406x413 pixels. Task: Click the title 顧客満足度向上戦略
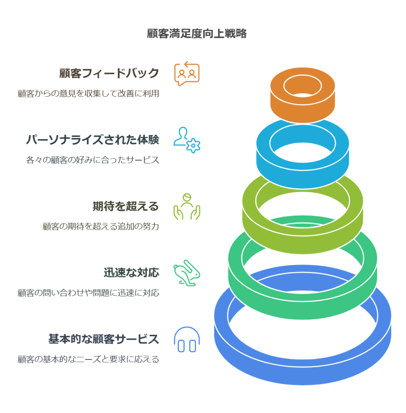click(197, 34)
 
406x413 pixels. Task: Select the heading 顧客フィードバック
click(109, 73)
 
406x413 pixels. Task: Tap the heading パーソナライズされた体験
click(93, 140)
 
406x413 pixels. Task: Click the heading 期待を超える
click(126, 206)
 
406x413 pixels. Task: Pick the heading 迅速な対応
click(131, 273)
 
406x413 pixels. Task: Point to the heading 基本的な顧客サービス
click(104, 339)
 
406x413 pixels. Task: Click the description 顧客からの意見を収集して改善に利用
click(88, 94)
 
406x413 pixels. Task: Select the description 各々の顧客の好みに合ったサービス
click(93, 160)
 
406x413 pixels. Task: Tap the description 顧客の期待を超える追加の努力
click(101, 226)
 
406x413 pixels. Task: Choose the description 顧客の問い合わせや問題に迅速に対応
click(88, 293)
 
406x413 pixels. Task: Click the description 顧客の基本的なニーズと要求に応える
click(88, 359)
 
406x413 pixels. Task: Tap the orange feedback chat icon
click(187, 74)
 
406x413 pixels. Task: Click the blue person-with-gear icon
click(187, 140)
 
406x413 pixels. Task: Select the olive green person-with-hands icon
click(187, 207)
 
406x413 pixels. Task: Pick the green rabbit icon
click(187, 273)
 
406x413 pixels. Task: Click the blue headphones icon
click(187, 340)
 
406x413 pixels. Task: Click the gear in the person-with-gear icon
click(194, 146)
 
